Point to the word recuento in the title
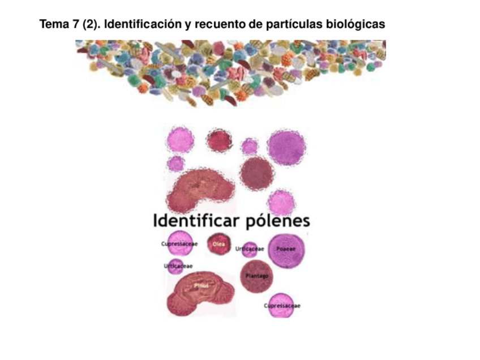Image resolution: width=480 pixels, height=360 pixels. point(213,25)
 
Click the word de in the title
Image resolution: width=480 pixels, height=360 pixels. point(243,25)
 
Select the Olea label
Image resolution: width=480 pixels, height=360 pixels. point(218,245)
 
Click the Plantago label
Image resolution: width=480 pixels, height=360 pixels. point(257,276)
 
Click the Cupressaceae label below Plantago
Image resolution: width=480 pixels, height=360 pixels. point(282,306)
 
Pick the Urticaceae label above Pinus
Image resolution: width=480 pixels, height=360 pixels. point(178,265)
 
